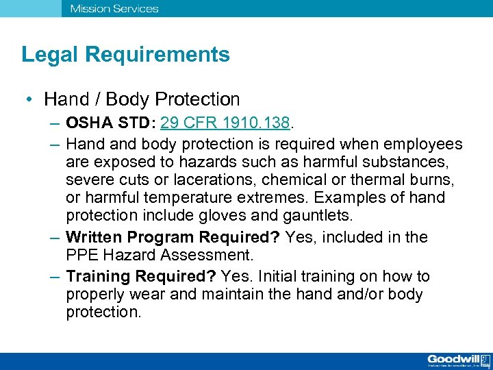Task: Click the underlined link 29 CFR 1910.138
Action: (227, 124)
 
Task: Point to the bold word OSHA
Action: (87, 124)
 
